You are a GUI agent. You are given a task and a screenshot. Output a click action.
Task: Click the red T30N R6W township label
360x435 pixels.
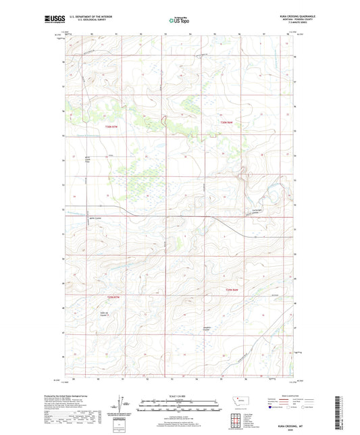(x=226, y=122)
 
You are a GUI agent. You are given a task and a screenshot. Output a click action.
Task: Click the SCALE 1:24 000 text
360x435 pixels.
(x=180, y=396)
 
